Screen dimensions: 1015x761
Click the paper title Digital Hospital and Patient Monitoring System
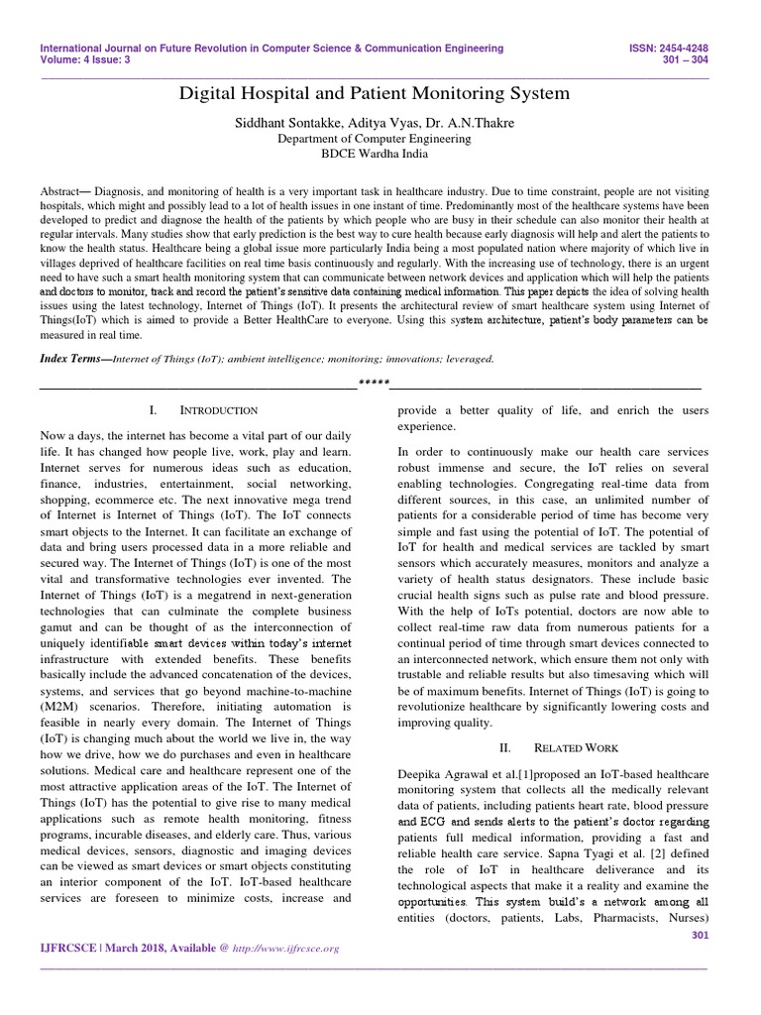coord(374,94)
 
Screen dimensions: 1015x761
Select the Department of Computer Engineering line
coord(373,139)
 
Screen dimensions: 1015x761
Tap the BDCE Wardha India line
coord(373,156)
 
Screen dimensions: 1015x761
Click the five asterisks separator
coord(373,384)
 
